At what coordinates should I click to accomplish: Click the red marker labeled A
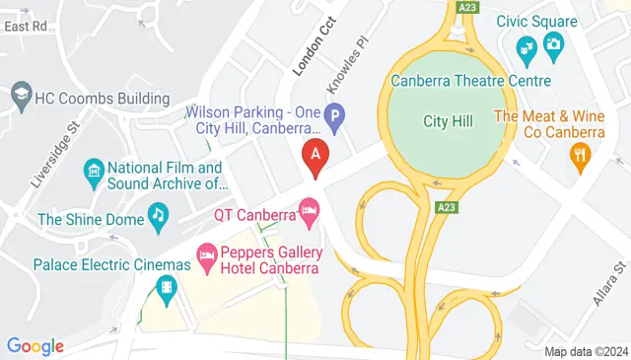[x=315, y=156]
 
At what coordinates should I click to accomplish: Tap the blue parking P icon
[x=335, y=119]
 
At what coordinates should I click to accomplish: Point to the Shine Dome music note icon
[x=157, y=213]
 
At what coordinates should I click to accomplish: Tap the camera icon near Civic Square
[x=553, y=43]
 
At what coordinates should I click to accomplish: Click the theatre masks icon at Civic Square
[x=527, y=44]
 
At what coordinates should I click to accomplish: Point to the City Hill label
[x=449, y=121]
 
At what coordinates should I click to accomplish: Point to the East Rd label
[x=26, y=27]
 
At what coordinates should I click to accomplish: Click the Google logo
[x=35, y=346]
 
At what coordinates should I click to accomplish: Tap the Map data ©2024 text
[x=586, y=351]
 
